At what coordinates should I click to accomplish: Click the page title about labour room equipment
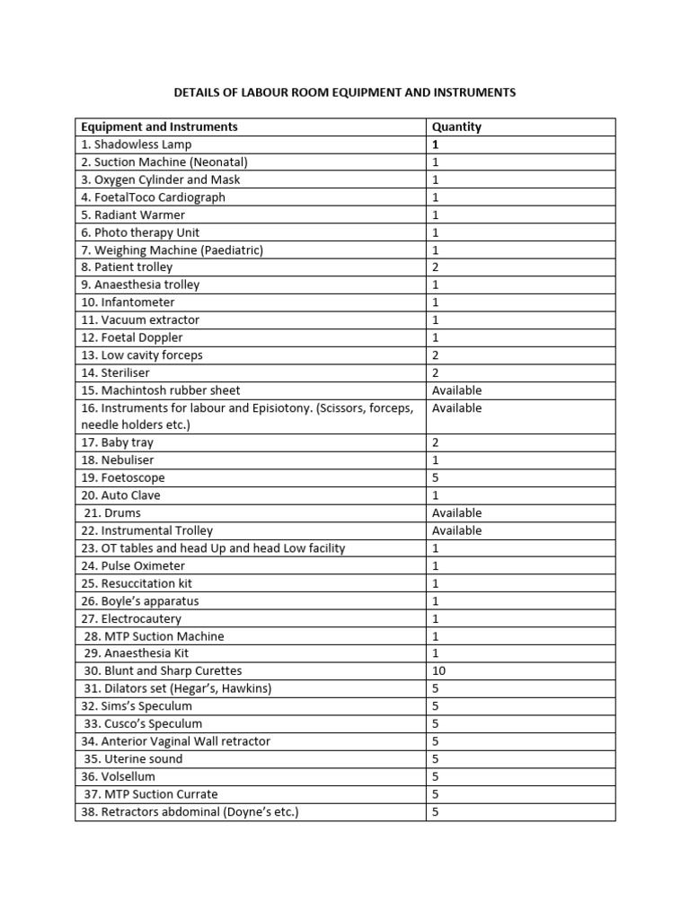[345, 92]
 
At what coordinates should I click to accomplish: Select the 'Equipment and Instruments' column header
[159, 127]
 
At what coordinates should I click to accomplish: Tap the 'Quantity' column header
[456, 127]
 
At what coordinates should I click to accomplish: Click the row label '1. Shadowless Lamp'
[136, 144]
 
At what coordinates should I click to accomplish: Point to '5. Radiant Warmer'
[132, 214]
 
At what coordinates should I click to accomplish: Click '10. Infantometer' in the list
[128, 302]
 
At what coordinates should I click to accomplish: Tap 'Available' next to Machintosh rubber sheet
[456, 390]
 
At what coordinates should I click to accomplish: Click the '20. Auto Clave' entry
[120, 495]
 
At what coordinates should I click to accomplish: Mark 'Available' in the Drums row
[456, 513]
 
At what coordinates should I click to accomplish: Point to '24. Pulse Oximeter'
[133, 566]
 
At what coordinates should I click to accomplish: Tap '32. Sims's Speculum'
[136, 706]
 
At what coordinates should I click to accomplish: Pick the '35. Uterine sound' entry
[133, 759]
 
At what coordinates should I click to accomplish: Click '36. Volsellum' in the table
[118, 776]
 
